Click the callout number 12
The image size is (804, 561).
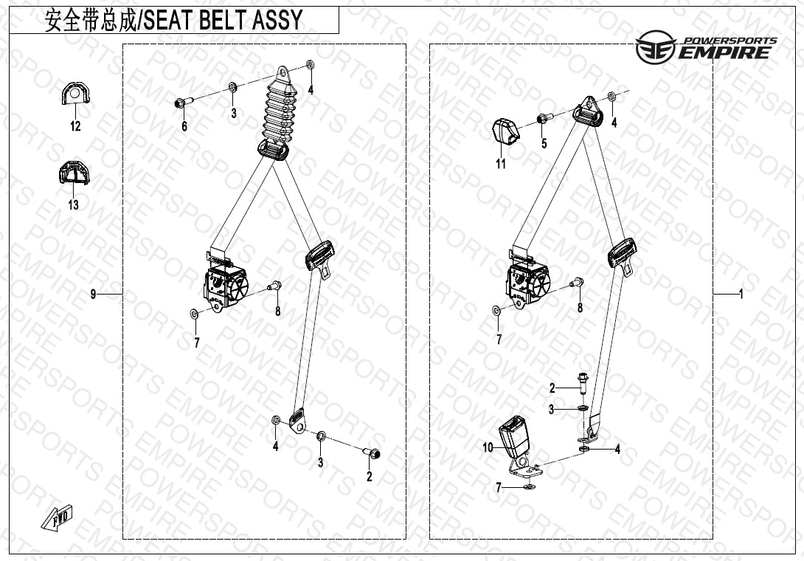75,126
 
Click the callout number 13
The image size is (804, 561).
74,204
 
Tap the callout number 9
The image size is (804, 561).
94,295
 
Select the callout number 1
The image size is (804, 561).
741,295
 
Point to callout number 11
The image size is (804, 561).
501,164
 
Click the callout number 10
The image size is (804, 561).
488,447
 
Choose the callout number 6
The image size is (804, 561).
184,126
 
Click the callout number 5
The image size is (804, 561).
544,143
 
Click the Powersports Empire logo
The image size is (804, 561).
706,48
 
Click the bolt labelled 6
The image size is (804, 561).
182,103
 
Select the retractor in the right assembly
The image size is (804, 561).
528,282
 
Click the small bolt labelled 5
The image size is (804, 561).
542,118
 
